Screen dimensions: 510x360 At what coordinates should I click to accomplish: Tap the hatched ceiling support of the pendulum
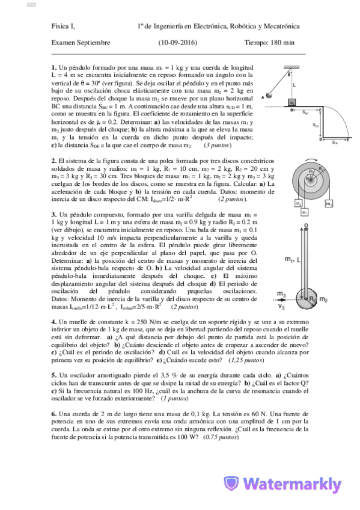[x=290, y=66]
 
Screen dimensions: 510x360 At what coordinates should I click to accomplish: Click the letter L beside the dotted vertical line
[x=294, y=85]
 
